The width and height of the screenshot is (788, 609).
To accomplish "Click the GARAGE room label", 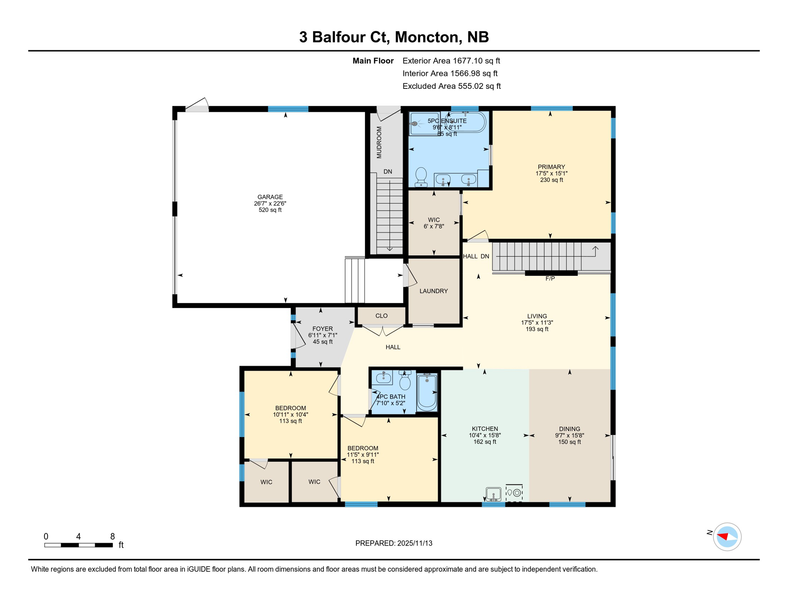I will (270, 197).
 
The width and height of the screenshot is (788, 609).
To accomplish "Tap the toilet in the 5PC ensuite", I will (421, 177).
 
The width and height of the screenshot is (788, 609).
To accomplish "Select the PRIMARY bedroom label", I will (551, 167).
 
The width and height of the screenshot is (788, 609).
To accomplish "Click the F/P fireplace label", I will (550, 279).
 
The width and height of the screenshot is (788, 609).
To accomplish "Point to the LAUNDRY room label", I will (433, 291).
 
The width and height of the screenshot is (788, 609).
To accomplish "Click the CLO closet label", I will (381, 316).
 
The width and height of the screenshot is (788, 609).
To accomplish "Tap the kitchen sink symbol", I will (493, 494).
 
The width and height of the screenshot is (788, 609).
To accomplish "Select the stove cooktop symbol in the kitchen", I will (514, 493).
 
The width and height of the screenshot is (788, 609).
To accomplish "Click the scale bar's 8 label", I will (113, 536).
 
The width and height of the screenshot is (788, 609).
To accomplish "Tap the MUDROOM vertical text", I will (379, 143).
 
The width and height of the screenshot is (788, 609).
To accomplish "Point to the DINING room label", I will (569, 429).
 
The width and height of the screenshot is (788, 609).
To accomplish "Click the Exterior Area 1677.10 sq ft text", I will (451, 61).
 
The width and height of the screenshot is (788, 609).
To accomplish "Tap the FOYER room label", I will (322, 329).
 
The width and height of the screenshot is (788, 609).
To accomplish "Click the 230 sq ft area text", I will (551, 180).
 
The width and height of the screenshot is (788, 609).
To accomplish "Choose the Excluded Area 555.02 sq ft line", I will (451, 86).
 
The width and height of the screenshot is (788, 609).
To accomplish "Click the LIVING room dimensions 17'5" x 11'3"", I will (537, 323).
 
